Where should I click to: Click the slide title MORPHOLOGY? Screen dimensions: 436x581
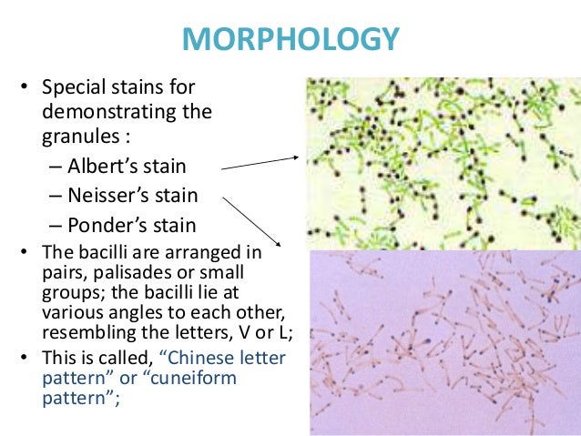[x=290, y=40]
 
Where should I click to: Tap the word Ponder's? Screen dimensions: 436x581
[x=108, y=224]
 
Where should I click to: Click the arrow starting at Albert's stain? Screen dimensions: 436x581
[x=260, y=162]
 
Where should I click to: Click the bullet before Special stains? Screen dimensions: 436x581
[x=25, y=89]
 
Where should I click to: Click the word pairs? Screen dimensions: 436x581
[x=61, y=273]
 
